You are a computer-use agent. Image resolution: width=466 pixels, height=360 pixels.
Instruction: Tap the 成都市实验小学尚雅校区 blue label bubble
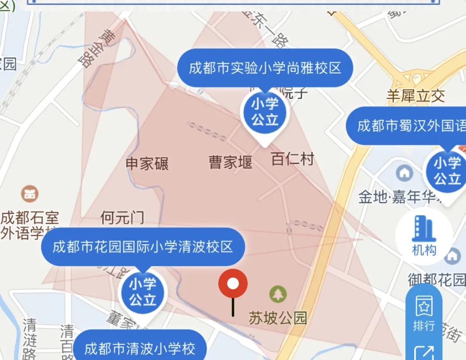[x=265, y=68]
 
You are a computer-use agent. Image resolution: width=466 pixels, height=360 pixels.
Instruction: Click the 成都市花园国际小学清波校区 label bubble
[x=142, y=246]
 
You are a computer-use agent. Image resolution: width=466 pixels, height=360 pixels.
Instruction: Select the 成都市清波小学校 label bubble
[x=139, y=348]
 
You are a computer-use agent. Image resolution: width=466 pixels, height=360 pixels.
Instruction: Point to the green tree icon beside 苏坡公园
[x=278, y=294]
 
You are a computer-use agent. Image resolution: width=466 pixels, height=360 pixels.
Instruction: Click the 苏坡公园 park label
[x=278, y=318]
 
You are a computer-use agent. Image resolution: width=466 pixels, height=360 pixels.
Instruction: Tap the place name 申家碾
[x=147, y=164]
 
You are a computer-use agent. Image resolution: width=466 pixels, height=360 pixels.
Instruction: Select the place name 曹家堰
[x=230, y=163]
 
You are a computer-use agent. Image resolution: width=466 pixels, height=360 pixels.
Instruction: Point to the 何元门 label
[x=122, y=218]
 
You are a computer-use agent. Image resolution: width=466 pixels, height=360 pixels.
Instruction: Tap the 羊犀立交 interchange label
[x=415, y=96]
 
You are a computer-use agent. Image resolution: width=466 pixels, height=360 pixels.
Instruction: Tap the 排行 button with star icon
[x=423, y=315]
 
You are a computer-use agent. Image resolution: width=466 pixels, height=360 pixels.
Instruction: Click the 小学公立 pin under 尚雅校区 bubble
[x=265, y=112]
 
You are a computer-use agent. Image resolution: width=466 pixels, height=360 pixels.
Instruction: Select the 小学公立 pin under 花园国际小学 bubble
[x=142, y=292]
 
